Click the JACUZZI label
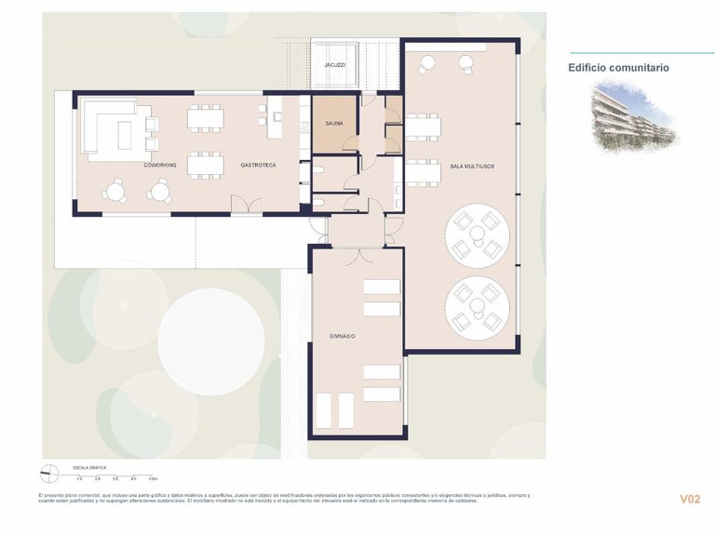coord(334,66)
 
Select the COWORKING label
coord(160,165)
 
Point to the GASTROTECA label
coord(258,165)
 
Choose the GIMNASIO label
coord(342,335)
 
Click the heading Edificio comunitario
coord(618,68)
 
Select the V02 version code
coord(689,500)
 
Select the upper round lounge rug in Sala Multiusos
coord(477,237)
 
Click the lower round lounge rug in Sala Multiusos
coord(477,308)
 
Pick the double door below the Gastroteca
coord(246,206)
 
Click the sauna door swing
coord(349,142)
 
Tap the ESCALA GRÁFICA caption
coord(91,465)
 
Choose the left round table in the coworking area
coord(115,192)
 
